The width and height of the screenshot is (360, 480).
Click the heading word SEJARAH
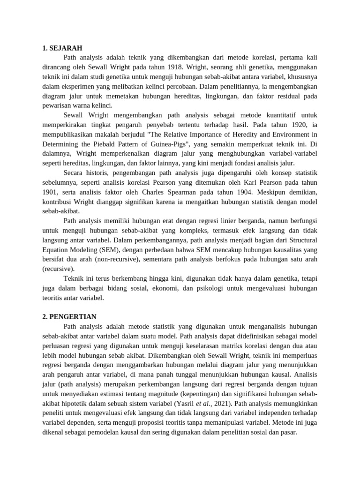click(66, 48)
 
